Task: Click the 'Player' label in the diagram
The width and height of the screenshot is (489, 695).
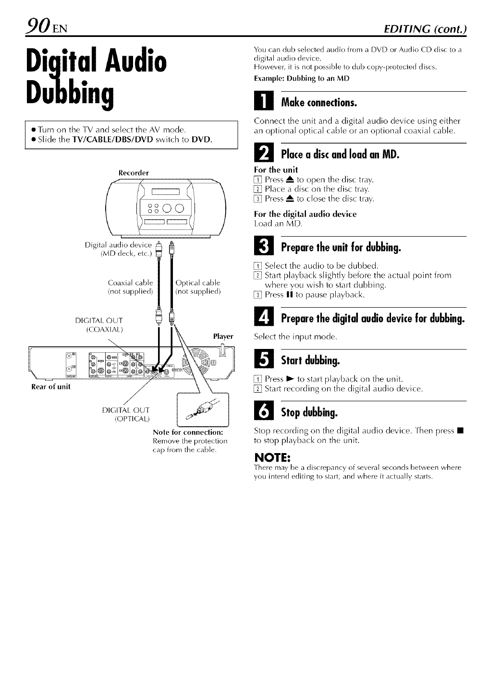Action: pos(223,336)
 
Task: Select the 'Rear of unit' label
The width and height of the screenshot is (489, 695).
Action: pos(50,387)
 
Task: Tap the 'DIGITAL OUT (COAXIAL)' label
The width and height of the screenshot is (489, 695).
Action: pos(99,324)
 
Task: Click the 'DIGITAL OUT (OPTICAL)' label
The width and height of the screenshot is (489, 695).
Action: pos(126,415)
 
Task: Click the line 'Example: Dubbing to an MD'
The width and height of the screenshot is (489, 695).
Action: pos(301,79)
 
